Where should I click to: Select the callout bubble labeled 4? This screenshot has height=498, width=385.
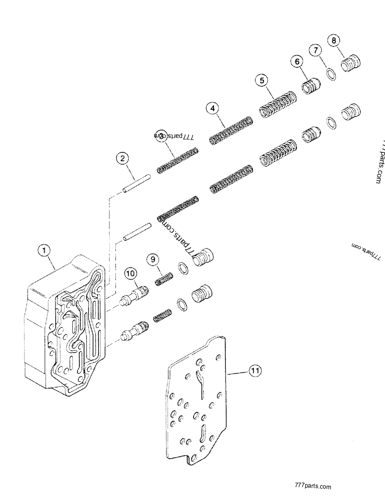point(212,108)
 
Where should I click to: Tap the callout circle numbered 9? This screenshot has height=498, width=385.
point(154,259)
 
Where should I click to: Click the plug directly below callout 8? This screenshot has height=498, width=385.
point(350,64)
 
